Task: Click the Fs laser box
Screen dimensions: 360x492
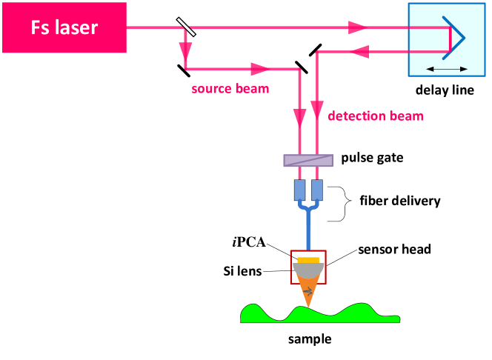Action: coord(64,28)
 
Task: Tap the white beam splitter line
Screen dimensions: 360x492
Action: coord(186,27)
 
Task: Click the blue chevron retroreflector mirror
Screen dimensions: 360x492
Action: coord(454,37)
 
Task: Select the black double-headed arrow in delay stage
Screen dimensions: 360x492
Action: coord(448,69)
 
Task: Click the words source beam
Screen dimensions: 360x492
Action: coord(230,89)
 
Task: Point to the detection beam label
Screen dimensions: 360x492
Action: coord(375,116)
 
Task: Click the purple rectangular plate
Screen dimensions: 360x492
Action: coord(308,161)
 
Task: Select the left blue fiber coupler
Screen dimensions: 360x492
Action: coord(299,190)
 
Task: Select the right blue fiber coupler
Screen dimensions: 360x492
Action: coord(316,190)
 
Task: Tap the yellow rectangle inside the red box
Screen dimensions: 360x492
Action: coord(308,260)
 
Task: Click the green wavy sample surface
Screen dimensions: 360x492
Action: coord(319,315)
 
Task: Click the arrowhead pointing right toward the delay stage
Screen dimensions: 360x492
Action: coord(358,27)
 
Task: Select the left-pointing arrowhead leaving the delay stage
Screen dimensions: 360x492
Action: coord(359,52)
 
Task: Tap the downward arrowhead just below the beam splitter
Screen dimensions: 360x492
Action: coord(185,50)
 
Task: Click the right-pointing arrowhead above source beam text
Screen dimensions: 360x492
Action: coord(260,69)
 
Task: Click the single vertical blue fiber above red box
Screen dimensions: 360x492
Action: coord(308,233)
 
